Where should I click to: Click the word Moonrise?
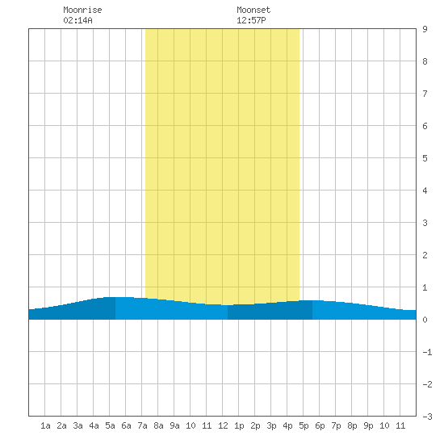[x=82, y=10]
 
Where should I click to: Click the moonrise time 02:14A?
[x=77, y=20]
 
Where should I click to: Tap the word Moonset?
[x=253, y=10]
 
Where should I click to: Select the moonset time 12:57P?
[x=251, y=20]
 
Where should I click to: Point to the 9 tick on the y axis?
[x=425, y=29]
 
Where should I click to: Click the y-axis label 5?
[x=425, y=158]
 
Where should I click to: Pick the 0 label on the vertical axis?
[x=425, y=320]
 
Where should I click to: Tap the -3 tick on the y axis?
[x=427, y=417]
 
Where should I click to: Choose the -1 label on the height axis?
[x=427, y=352]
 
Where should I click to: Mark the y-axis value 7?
[x=425, y=94]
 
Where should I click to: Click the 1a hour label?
[x=45, y=425]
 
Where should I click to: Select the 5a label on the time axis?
[x=110, y=425]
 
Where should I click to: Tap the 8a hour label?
[x=158, y=425]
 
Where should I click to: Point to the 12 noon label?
[x=223, y=425]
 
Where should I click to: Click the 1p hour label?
[x=239, y=425]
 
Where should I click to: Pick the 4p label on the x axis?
[x=287, y=425]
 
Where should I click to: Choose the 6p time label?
[x=320, y=425]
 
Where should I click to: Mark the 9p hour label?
[x=368, y=425]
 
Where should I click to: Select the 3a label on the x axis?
[x=77, y=425]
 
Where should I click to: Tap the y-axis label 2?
[x=425, y=255]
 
